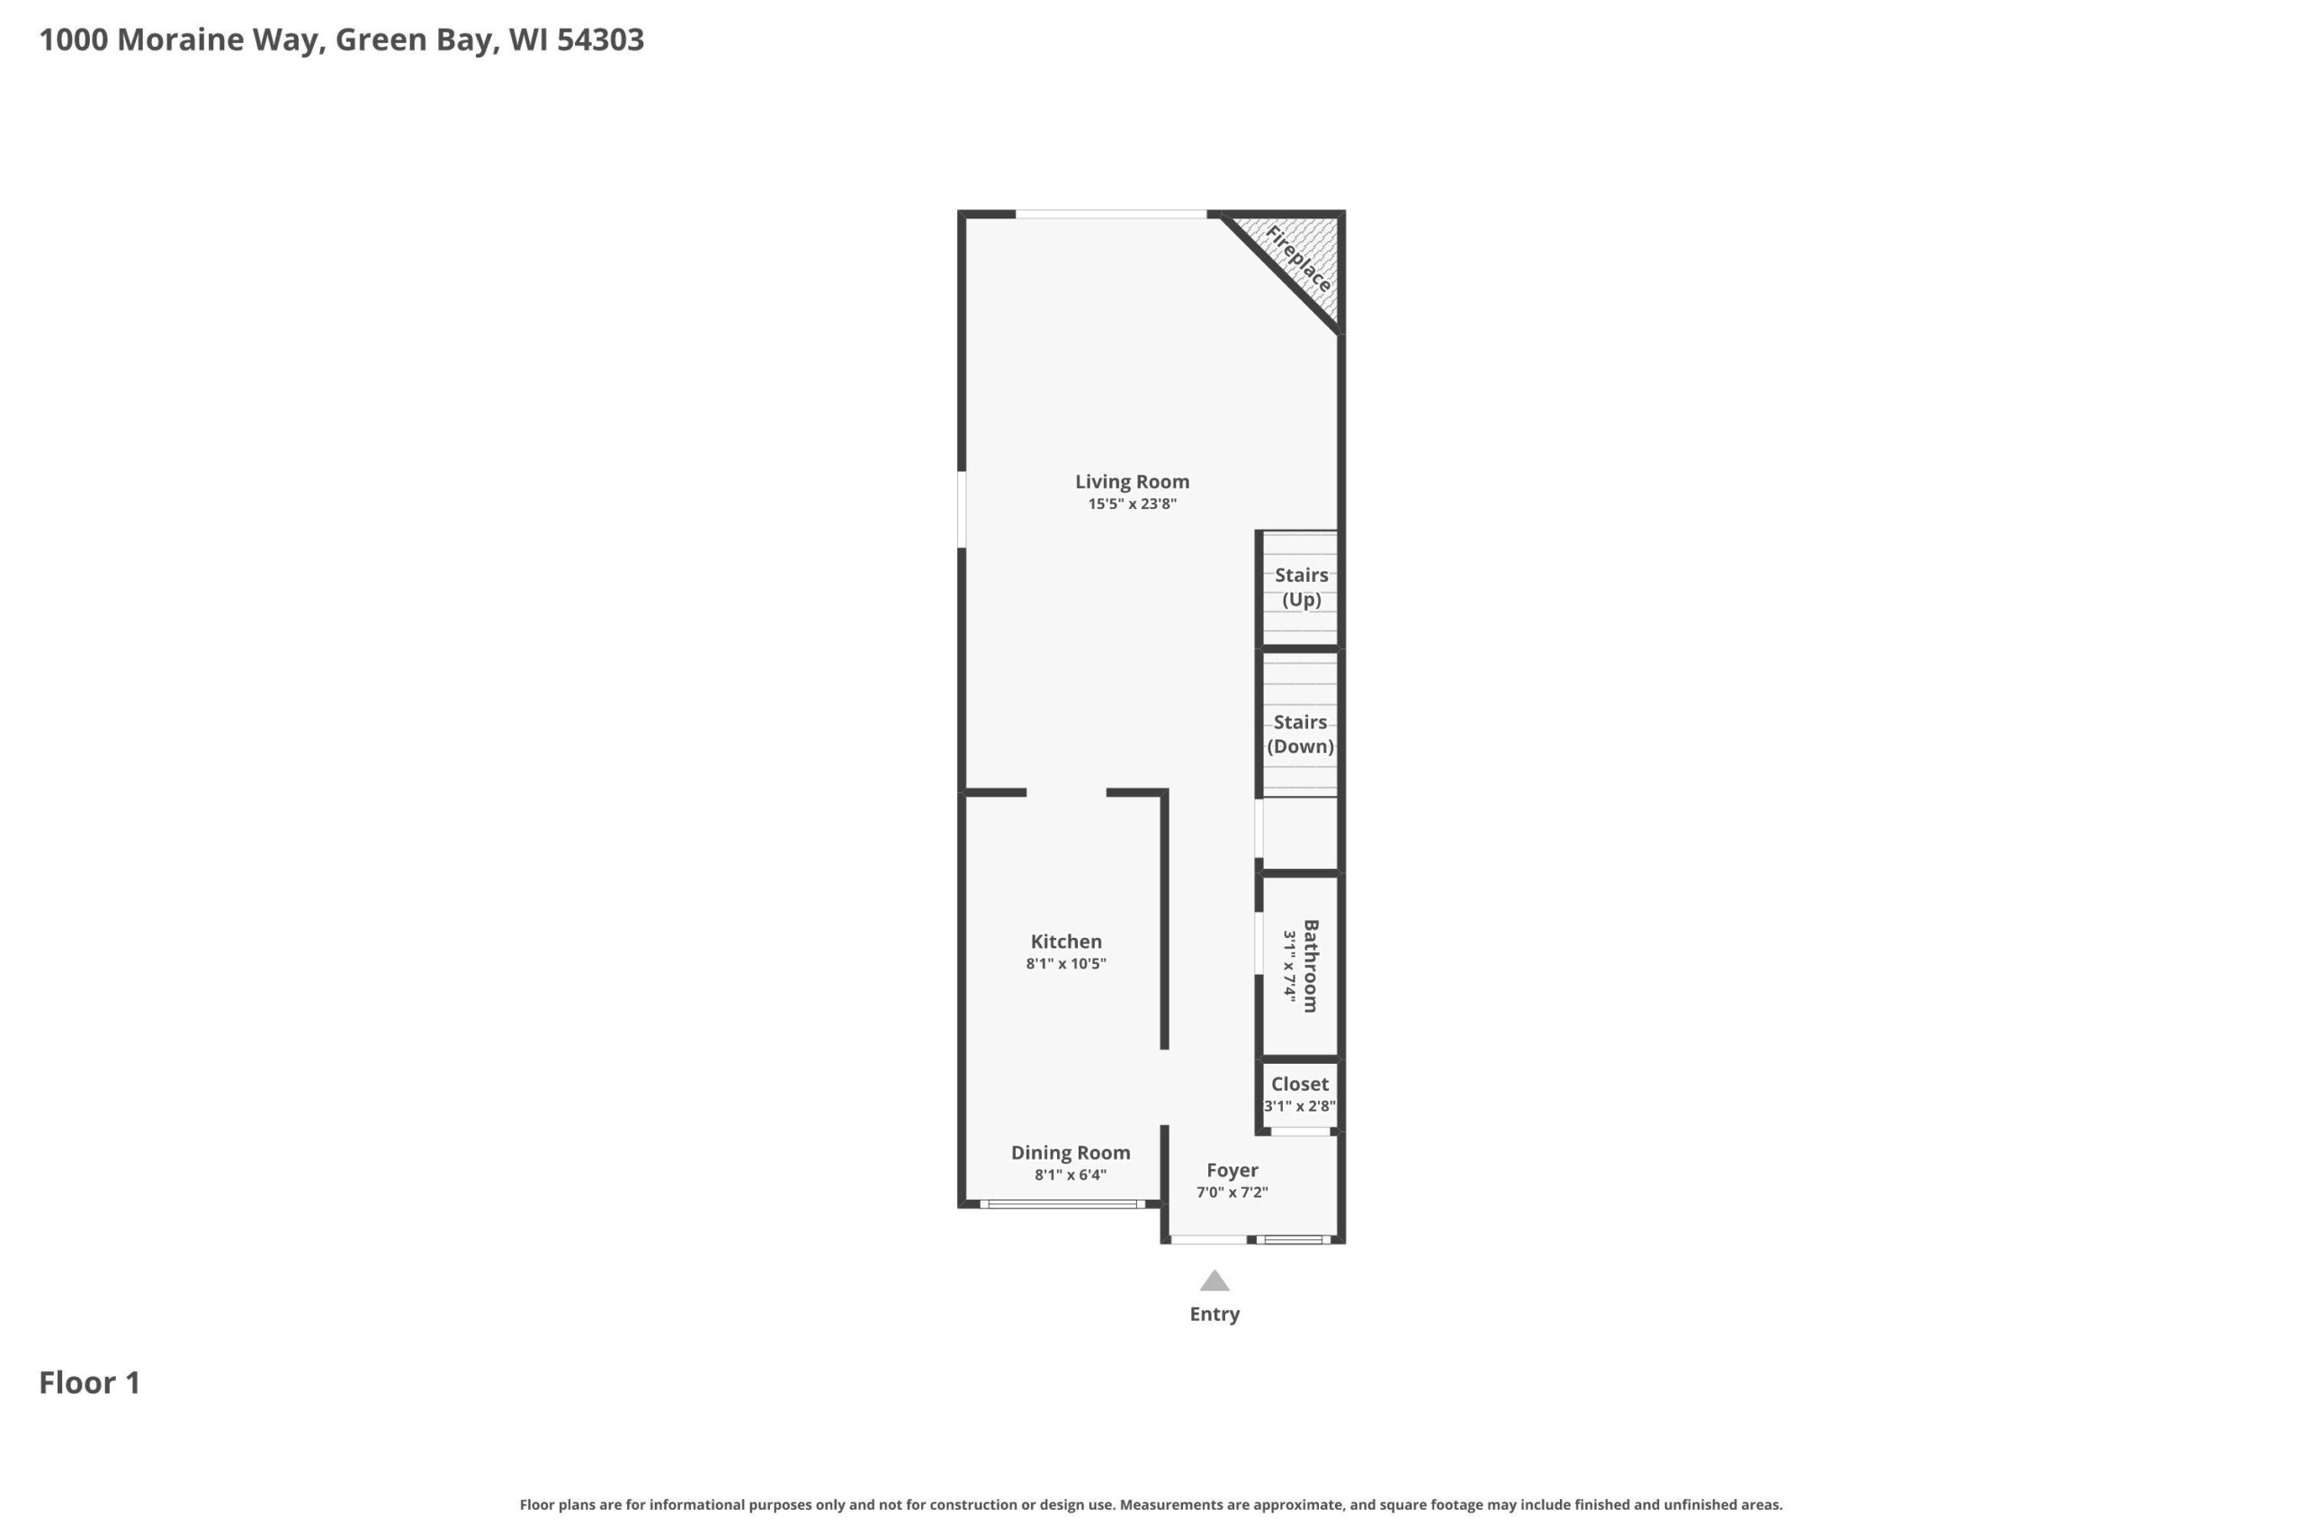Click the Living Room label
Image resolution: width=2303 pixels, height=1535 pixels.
pyautogui.click(x=1132, y=482)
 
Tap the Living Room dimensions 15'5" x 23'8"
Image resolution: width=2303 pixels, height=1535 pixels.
pyautogui.click(x=1132, y=504)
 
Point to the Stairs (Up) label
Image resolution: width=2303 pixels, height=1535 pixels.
pyautogui.click(x=1302, y=587)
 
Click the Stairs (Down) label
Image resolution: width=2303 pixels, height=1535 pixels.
pyautogui.click(x=1300, y=734)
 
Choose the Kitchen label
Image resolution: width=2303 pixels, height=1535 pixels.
pyautogui.click(x=1066, y=942)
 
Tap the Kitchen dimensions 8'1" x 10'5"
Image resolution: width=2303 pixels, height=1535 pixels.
pyautogui.click(x=1066, y=964)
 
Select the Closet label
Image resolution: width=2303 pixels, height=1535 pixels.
pyautogui.click(x=1299, y=1084)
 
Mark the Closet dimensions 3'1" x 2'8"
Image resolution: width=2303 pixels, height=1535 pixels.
pyautogui.click(x=1299, y=1107)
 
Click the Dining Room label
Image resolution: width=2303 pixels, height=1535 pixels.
pyautogui.click(x=1071, y=1153)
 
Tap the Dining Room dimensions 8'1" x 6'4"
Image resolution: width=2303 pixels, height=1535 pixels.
pyautogui.click(x=1071, y=1175)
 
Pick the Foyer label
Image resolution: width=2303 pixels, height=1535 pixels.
pyautogui.click(x=1232, y=1171)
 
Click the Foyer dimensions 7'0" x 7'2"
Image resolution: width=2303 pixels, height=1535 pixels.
pyautogui.click(x=1232, y=1193)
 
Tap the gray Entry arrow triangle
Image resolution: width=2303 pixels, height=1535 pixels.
pyautogui.click(x=1214, y=1282)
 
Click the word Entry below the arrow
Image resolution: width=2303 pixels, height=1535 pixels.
pyautogui.click(x=1214, y=1315)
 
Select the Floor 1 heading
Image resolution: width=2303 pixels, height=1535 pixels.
pyautogui.click(x=90, y=1383)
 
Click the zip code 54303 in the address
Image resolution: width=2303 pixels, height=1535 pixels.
pyautogui.click(x=600, y=40)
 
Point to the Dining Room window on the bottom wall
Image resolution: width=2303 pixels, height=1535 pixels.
pyautogui.click(x=1062, y=1204)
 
